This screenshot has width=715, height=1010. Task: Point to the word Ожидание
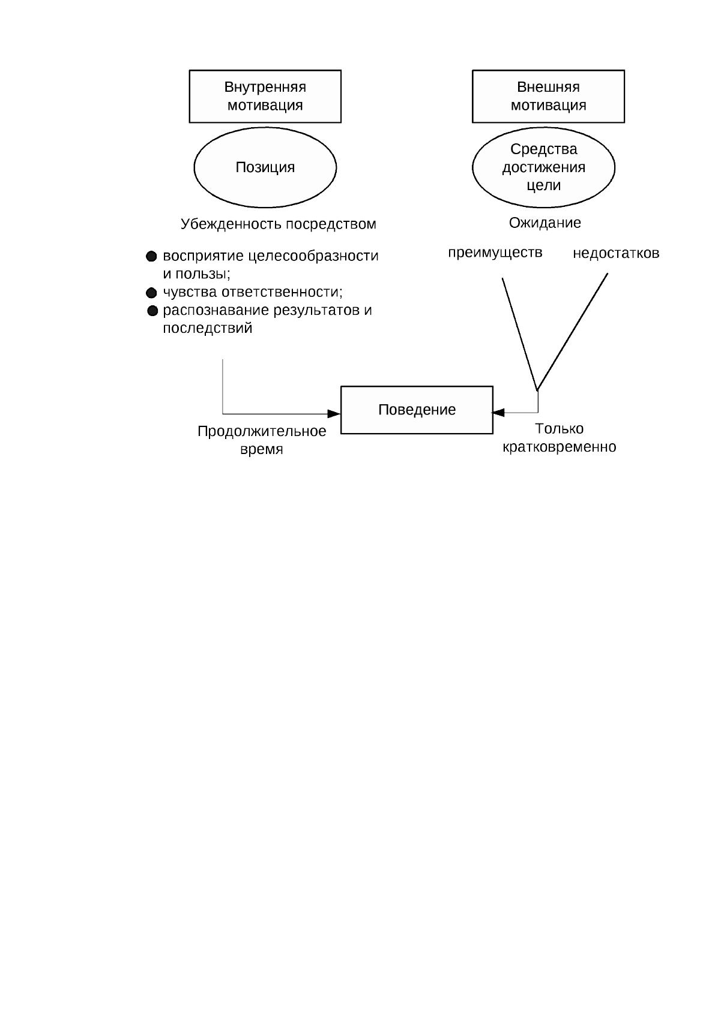(545, 223)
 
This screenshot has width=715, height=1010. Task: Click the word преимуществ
(495, 253)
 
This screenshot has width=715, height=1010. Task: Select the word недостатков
(616, 254)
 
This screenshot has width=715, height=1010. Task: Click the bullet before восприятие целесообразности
(151, 257)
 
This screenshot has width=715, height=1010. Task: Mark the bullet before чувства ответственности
(151, 293)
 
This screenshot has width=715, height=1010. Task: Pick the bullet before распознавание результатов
(152, 311)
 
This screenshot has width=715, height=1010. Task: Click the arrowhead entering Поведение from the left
(334, 414)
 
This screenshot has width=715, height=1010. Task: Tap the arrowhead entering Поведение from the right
(498, 412)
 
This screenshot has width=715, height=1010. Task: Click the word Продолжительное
(262, 431)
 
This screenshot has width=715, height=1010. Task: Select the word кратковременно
(560, 447)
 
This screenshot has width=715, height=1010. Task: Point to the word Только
(560, 428)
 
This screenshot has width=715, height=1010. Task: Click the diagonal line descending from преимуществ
(519, 334)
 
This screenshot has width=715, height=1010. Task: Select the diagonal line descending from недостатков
(572, 332)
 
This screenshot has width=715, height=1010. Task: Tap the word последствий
(207, 328)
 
